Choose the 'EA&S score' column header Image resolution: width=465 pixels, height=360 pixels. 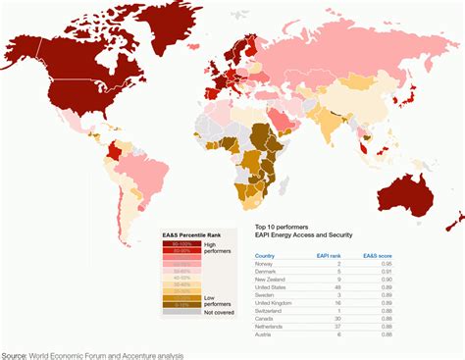click(422, 254)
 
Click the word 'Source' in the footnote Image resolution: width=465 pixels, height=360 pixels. click(14, 354)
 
